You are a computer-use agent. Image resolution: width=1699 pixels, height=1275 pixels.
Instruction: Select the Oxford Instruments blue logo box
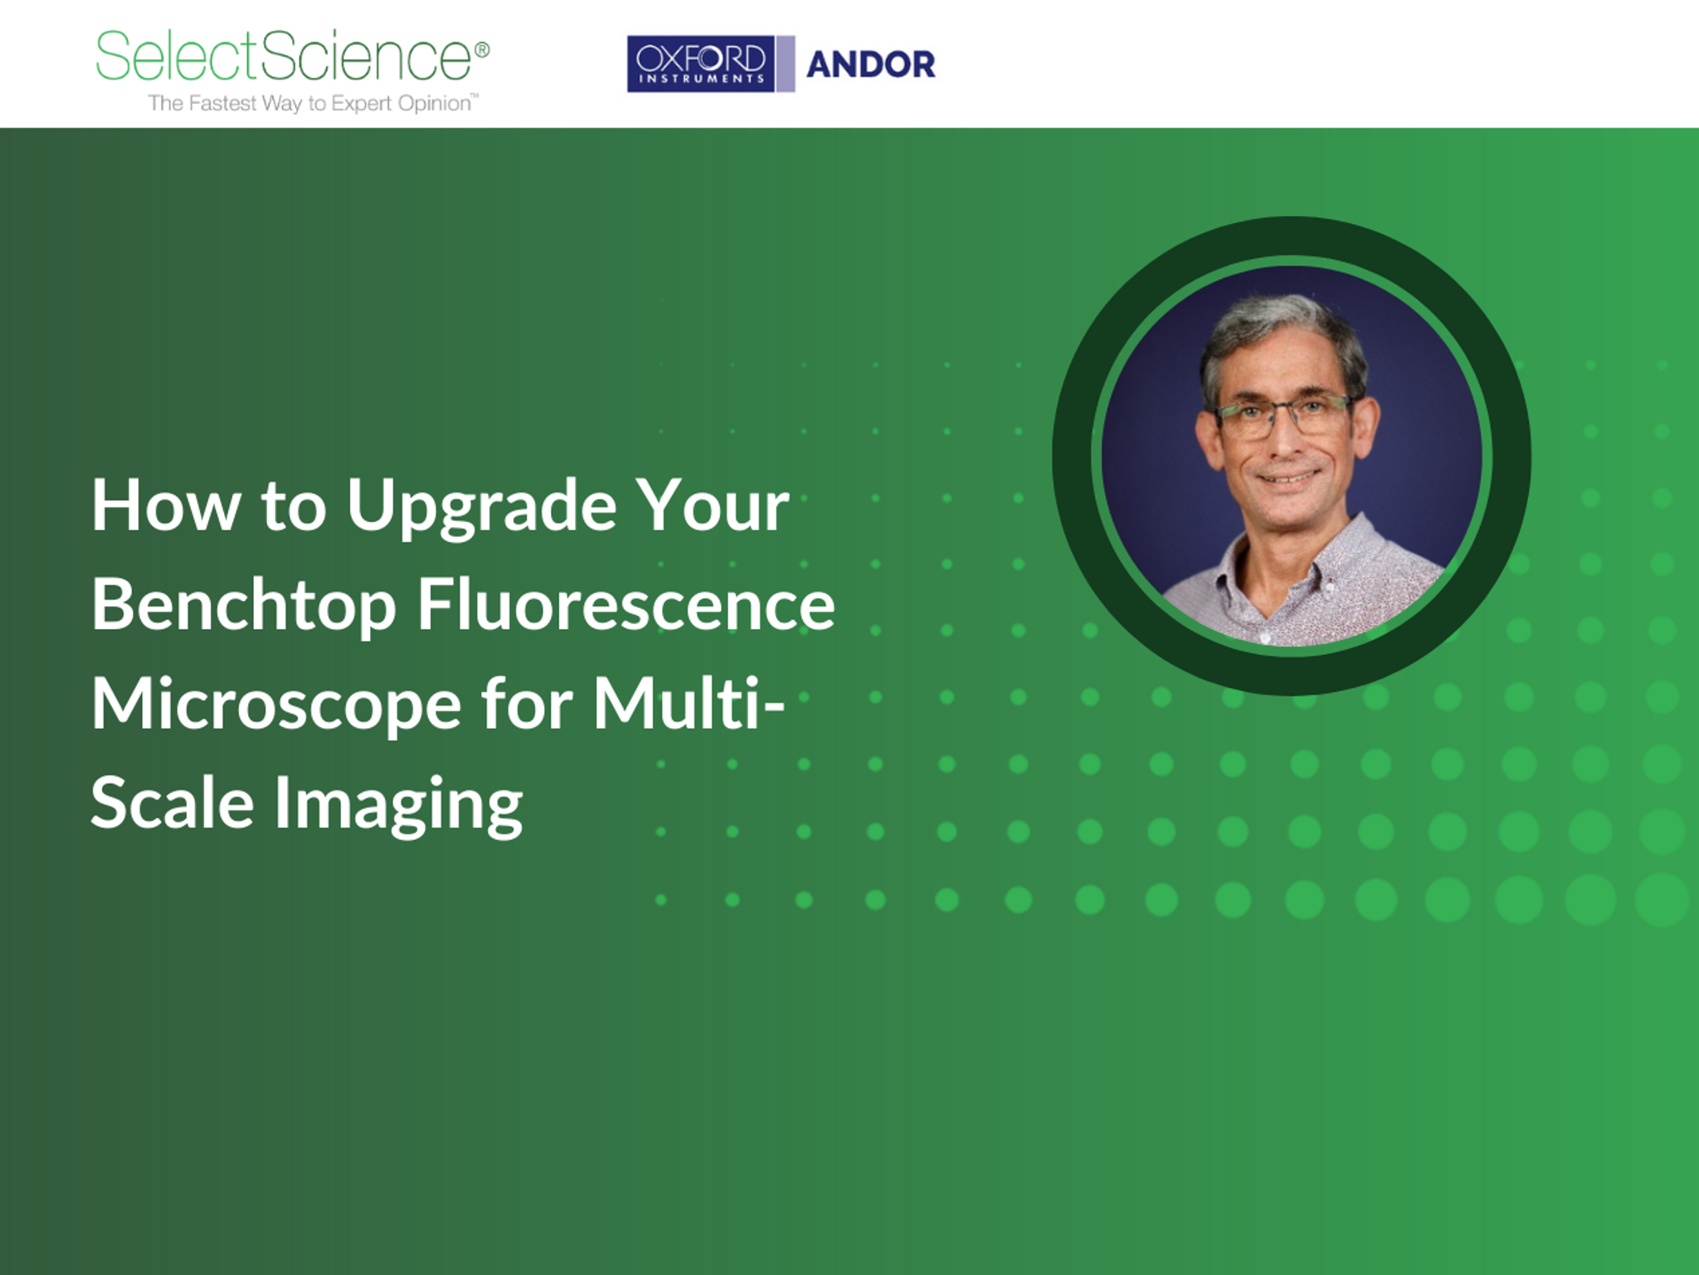[700, 64]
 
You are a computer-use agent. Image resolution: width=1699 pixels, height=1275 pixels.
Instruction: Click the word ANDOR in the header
[870, 65]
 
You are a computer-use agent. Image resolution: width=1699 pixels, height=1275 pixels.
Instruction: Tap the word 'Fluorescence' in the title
[626, 605]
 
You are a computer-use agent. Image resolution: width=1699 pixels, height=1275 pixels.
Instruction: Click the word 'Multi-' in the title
[688, 704]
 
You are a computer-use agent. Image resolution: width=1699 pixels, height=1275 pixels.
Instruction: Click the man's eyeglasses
[1282, 413]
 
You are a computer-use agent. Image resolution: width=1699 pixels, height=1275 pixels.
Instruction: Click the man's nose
[1286, 440]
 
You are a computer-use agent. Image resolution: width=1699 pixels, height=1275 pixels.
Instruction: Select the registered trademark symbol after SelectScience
[482, 50]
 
